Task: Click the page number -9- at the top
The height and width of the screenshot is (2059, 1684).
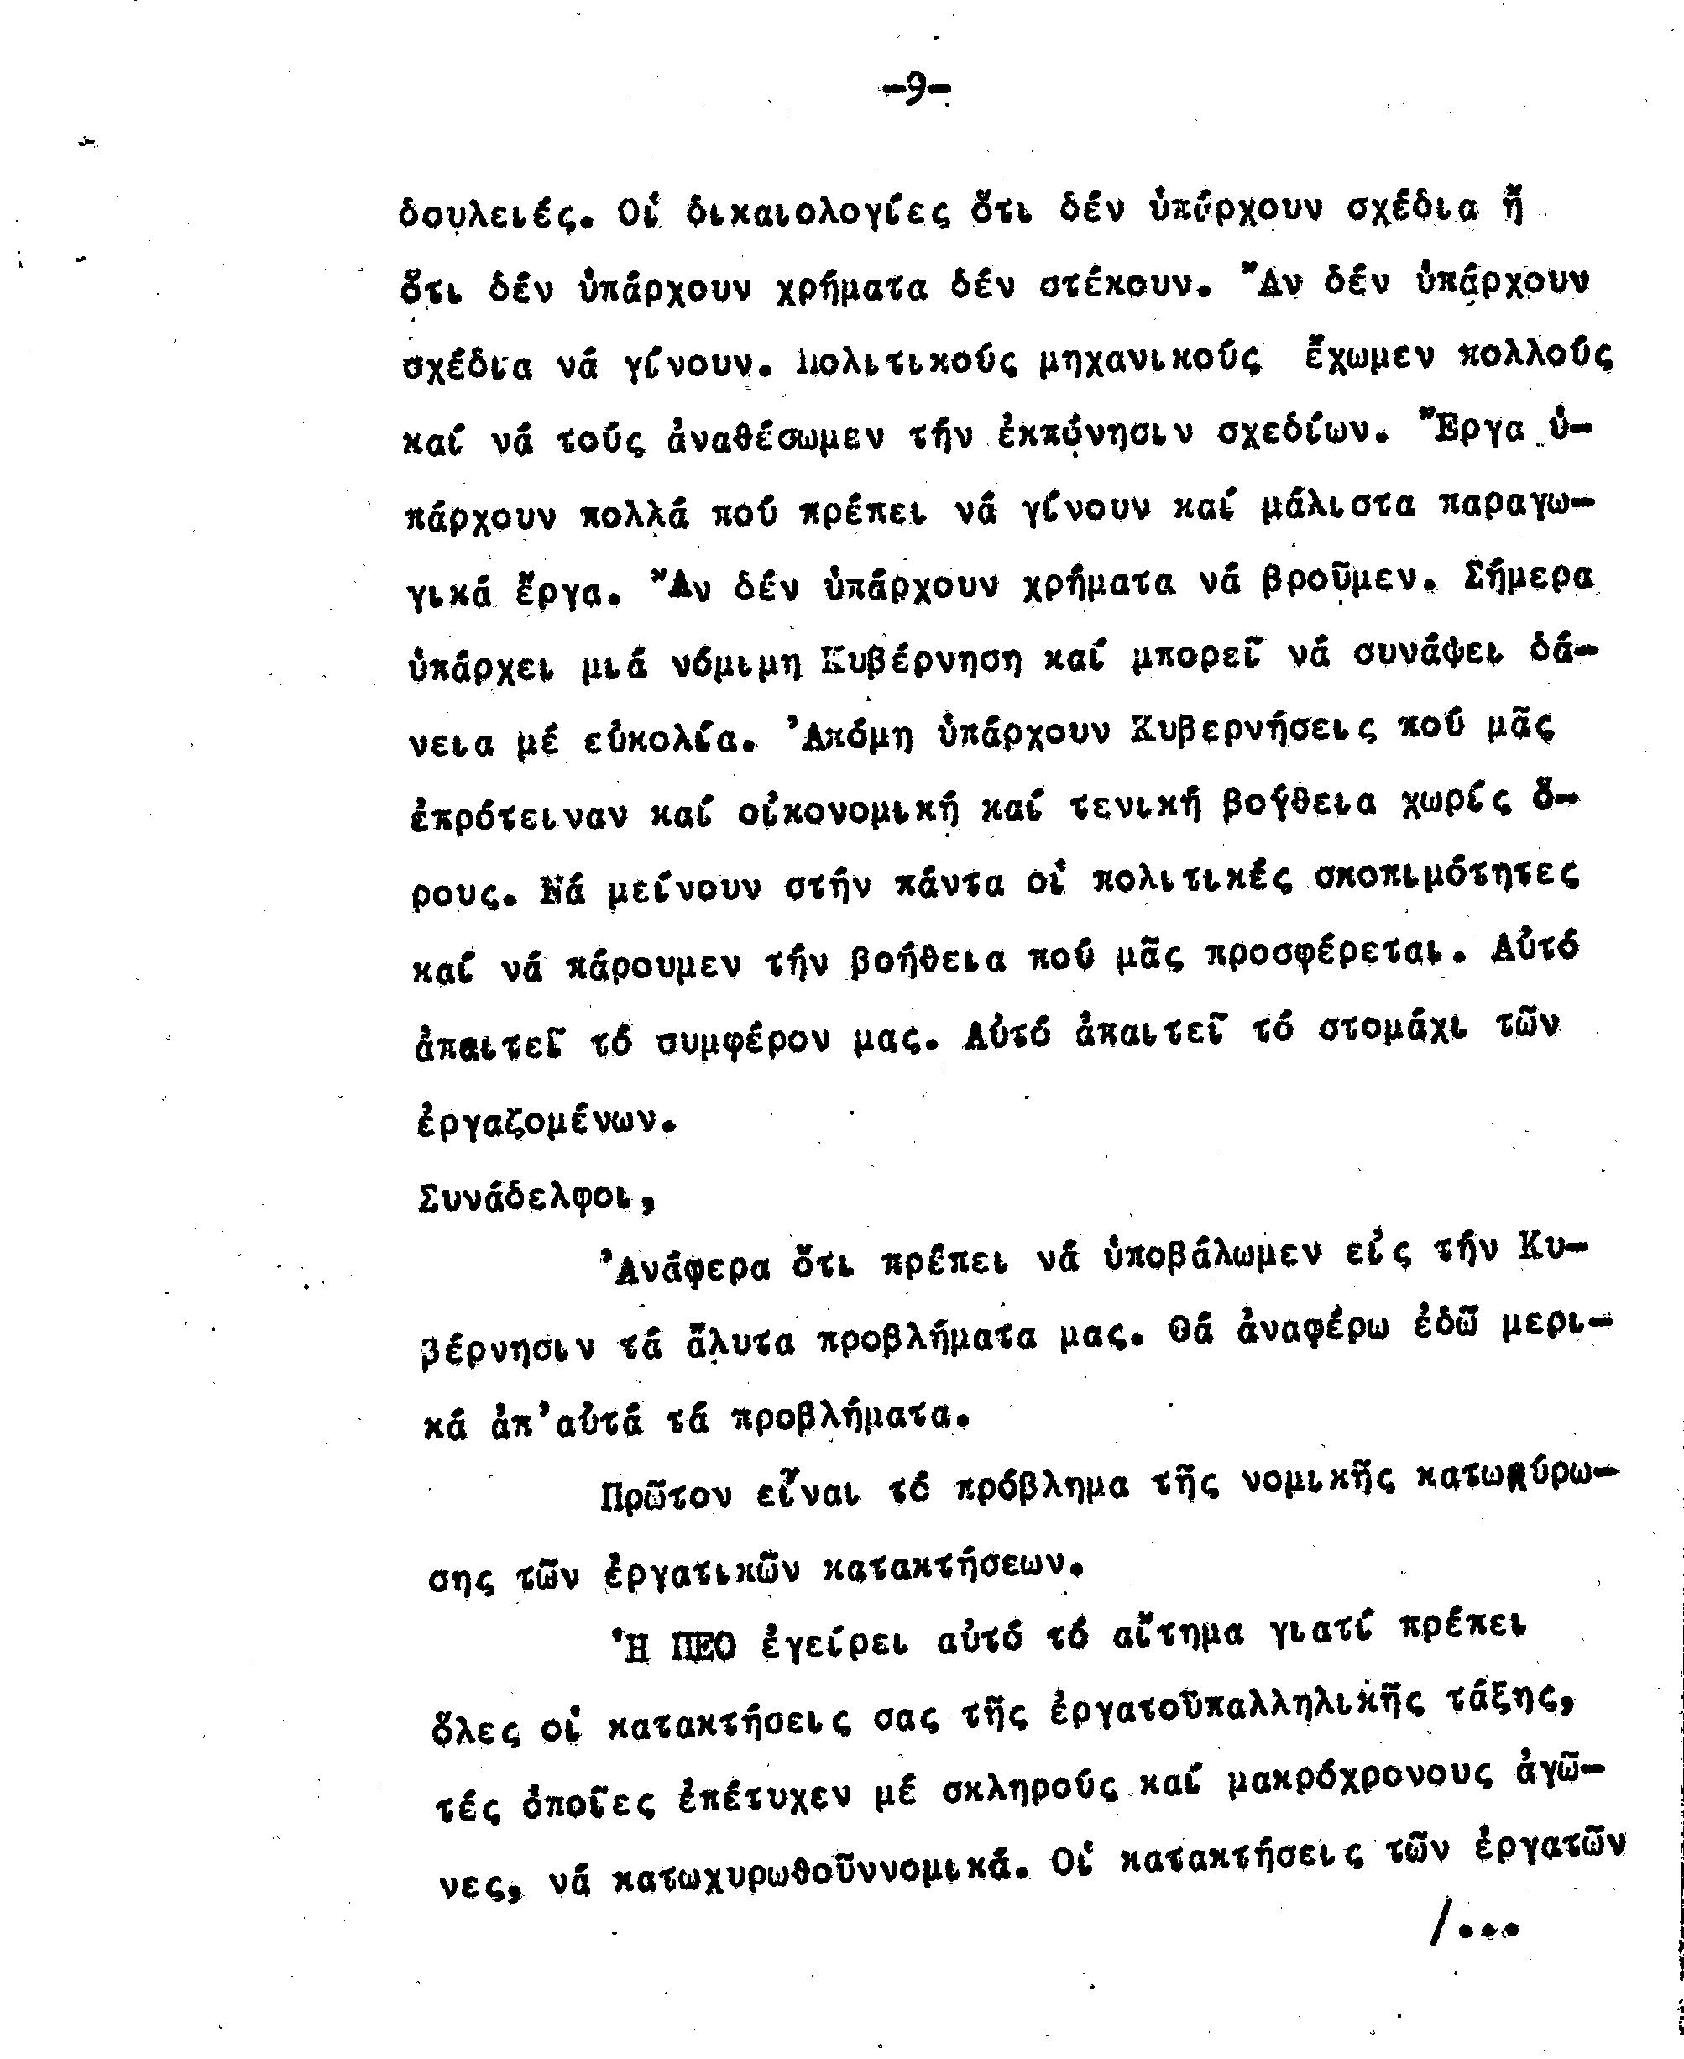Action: (916, 92)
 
